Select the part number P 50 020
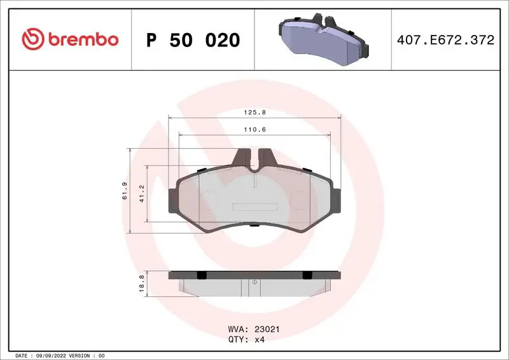pos(193,40)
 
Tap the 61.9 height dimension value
pos(125,191)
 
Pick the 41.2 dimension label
pos(143,193)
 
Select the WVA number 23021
pos(268,329)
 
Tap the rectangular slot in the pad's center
pos(253,207)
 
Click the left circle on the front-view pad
pos(210,200)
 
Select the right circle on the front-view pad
pos(298,200)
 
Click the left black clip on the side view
pos(201,275)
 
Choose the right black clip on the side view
pos(307,275)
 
